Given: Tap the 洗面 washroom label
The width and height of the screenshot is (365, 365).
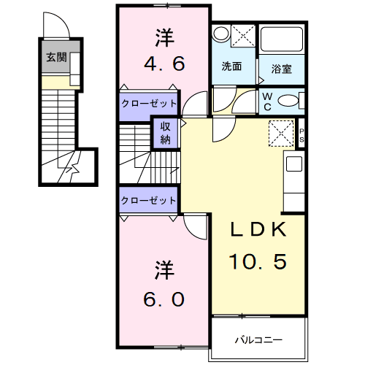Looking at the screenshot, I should coord(233,65).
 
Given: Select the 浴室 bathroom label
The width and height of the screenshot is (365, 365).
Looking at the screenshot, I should coord(282,70).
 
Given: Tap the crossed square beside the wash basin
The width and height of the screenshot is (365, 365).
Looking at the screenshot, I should coord(243,35).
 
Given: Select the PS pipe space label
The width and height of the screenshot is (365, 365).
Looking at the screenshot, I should coord(301,134).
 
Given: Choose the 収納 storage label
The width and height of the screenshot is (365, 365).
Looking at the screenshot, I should coord(166,132).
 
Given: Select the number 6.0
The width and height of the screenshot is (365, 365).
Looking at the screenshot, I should coord(163,299).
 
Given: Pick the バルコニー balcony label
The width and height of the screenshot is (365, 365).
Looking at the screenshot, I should coord(257,339).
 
